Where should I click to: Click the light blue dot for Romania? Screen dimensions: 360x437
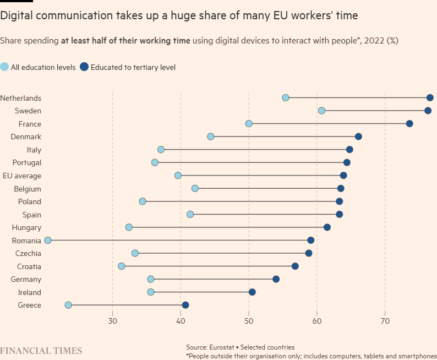tap(48, 240)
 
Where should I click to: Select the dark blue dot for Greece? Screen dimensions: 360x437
tap(185, 305)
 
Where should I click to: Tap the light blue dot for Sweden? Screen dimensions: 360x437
tap(321, 111)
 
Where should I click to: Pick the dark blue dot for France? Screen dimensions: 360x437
tap(409, 123)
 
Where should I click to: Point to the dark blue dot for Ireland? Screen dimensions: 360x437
tap(252, 292)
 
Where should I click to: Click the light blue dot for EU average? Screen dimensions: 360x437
tap(178, 175)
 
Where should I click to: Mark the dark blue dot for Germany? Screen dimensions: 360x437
tap(276, 279)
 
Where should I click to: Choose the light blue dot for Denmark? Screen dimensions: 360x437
tap(210, 137)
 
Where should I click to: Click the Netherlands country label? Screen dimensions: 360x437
tap(21, 98)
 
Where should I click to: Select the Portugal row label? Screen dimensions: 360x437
tap(27, 162)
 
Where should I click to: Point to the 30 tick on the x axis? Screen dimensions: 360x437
tap(112, 321)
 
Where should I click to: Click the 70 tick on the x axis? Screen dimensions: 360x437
tap(385, 321)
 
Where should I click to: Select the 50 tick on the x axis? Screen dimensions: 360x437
tap(249, 321)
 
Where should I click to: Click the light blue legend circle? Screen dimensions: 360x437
tap(4, 67)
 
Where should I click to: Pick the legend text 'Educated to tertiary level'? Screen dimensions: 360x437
tap(133, 68)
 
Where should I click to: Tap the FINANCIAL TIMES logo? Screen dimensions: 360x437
tap(41, 351)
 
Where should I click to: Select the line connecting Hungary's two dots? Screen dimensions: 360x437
tap(228, 227)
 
